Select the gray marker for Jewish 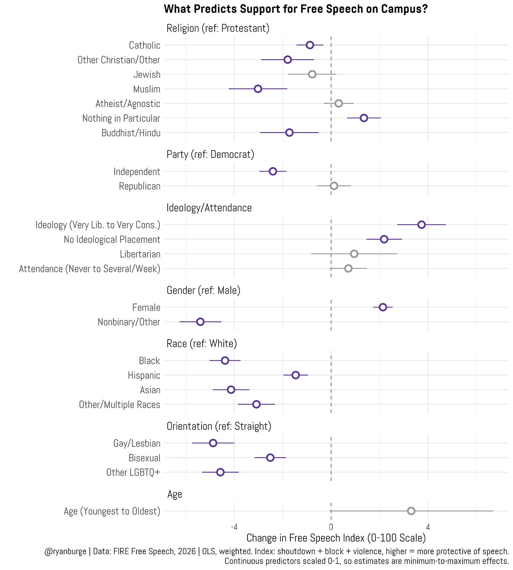[x=312, y=74]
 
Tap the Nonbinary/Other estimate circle [x=200, y=322]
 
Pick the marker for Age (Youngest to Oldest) [x=411, y=511]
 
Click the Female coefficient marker [x=383, y=307]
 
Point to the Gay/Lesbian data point [x=213, y=443]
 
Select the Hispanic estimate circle [x=296, y=375]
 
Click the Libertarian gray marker [x=354, y=254]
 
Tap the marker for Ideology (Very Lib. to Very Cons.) [x=421, y=224]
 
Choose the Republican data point [x=334, y=186]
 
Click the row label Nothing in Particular [x=121, y=118]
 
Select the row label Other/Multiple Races [x=120, y=404]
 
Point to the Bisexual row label [x=144, y=458]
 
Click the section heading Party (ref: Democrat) [x=210, y=154]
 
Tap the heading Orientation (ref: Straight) [x=219, y=426]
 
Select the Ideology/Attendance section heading [x=209, y=208]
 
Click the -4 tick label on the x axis [x=234, y=527]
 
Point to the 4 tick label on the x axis [x=428, y=527]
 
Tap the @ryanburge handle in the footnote [x=66, y=551]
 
